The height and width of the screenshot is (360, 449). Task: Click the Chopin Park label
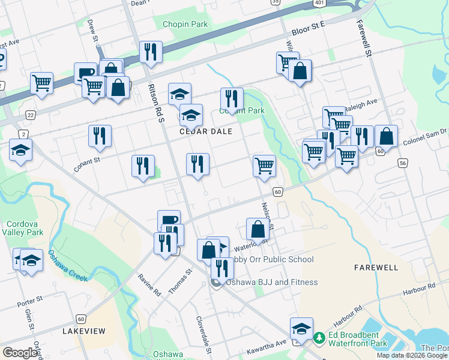185,25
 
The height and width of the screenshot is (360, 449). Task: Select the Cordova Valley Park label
22,227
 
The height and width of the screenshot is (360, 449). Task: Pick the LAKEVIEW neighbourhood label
84,331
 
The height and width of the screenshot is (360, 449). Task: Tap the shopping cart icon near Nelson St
264,165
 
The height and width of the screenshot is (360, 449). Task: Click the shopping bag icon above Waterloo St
258,229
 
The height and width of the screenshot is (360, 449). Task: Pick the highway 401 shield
319,3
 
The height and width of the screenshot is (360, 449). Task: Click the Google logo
20,352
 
